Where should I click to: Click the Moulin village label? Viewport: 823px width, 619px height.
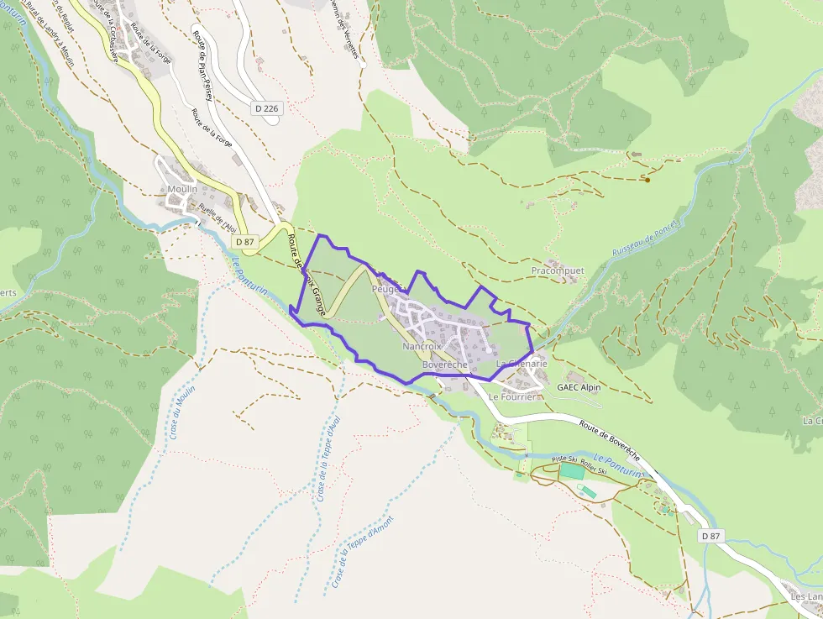click(x=182, y=189)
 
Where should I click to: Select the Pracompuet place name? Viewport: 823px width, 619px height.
click(x=557, y=270)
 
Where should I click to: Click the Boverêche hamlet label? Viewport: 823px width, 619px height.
click(x=445, y=365)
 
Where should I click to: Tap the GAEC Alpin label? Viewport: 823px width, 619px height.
click(x=585, y=387)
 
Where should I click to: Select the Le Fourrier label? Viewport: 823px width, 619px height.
click(x=511, y=396)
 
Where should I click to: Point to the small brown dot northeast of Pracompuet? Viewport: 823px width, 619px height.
click(x=647, y=179)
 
